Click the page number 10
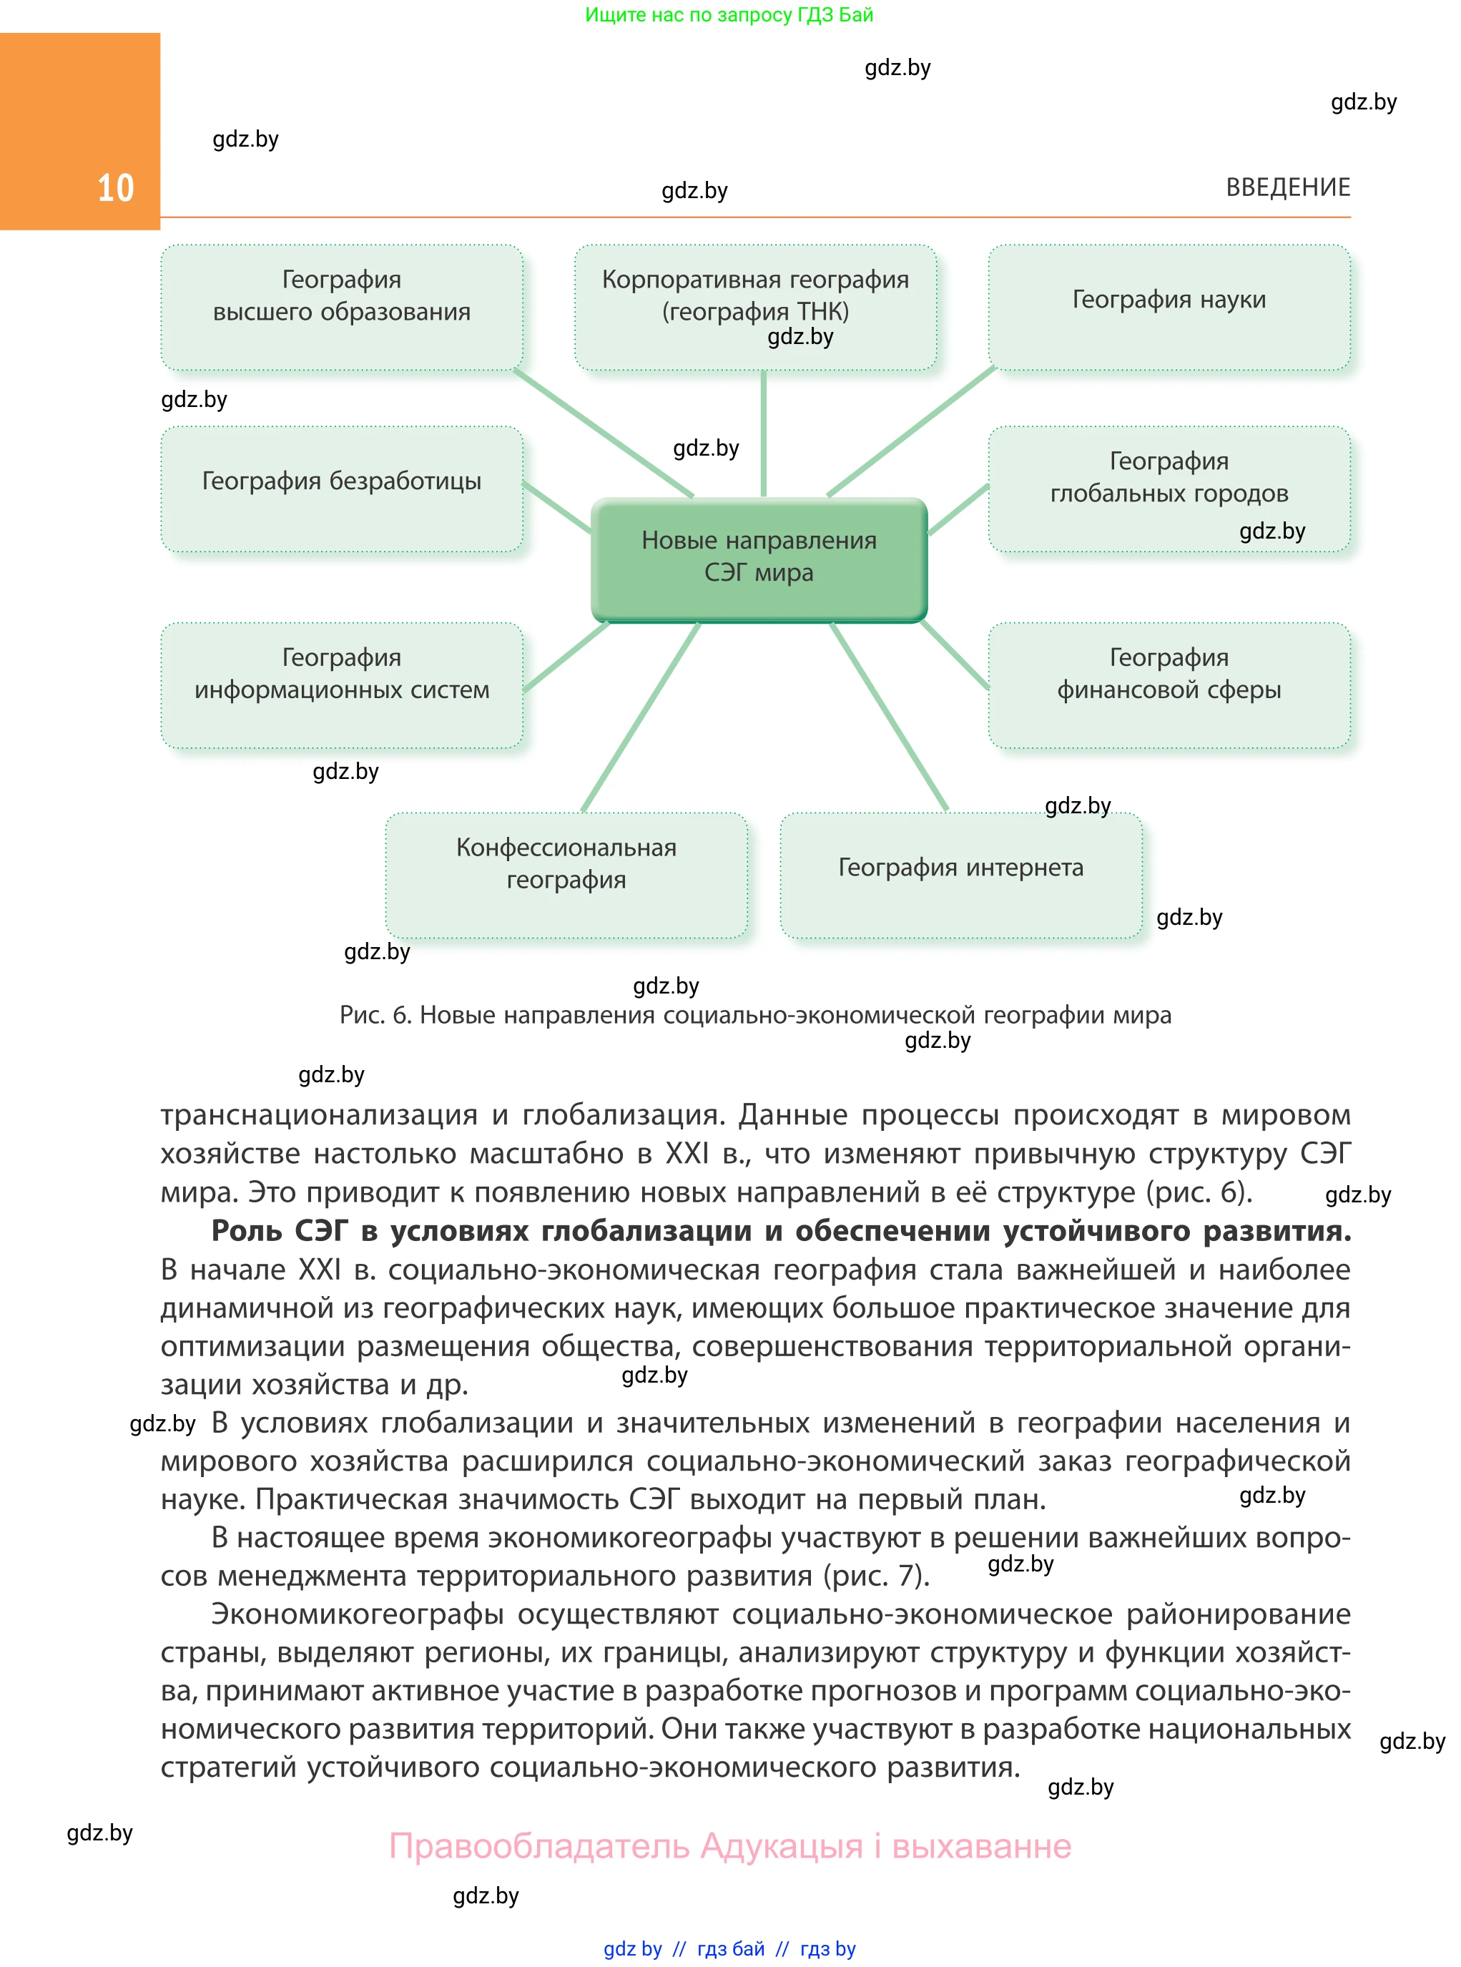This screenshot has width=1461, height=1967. coord(115,188)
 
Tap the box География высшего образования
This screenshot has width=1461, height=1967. coord(341,307)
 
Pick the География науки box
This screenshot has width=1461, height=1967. coord(1169,307)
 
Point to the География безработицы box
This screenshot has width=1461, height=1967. coord(341,489)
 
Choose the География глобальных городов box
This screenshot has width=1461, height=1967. coord(1169,489)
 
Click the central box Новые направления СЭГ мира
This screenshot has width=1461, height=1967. coord(759,558)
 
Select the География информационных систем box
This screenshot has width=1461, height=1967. coord(341,685)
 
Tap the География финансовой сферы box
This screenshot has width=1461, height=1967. coord(1169,685)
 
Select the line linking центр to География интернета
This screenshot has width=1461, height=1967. coord(889,717)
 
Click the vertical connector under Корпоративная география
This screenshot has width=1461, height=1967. coord(763,433)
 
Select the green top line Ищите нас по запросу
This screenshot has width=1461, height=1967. coord(729,14)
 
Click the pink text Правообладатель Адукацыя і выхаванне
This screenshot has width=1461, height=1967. coord(729,1846)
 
